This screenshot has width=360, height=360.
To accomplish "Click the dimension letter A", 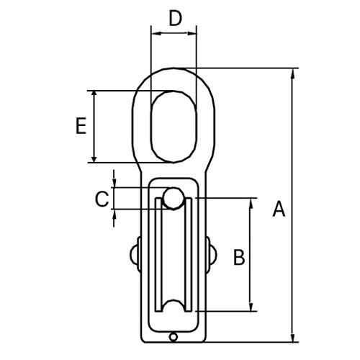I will click(x=279, y=209).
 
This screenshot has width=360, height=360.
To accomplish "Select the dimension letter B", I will click(x=239, y=256).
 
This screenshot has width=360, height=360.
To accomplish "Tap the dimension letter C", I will click(x=102, y=198).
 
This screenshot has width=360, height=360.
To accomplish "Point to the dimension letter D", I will click(x=175, y=18).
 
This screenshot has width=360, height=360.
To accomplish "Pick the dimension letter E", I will click(x=81, y=127).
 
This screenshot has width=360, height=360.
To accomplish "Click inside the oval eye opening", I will click(x=173, y=126).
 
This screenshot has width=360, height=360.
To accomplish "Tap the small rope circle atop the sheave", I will click(x=173, y=198).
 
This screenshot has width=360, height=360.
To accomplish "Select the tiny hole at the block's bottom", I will click(x=173, y=336).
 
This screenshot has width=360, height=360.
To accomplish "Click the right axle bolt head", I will click(x=212, y=253).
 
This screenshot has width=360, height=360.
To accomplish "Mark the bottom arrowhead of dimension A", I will click(x=293, y=337).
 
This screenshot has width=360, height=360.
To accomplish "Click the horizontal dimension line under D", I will click(x=174, y=32).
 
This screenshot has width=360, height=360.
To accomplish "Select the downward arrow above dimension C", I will click(x=114, y=181).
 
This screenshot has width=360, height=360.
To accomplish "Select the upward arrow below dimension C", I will click(x=114, y=215).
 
